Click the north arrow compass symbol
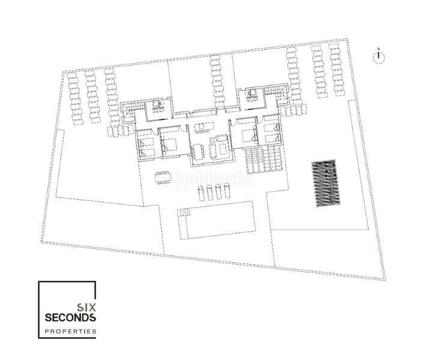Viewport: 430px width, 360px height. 378,57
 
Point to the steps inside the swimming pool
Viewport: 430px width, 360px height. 185,213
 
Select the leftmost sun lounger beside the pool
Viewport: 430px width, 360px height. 199,193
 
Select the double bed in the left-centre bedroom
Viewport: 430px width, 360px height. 170,143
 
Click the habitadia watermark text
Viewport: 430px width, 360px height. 214,178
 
